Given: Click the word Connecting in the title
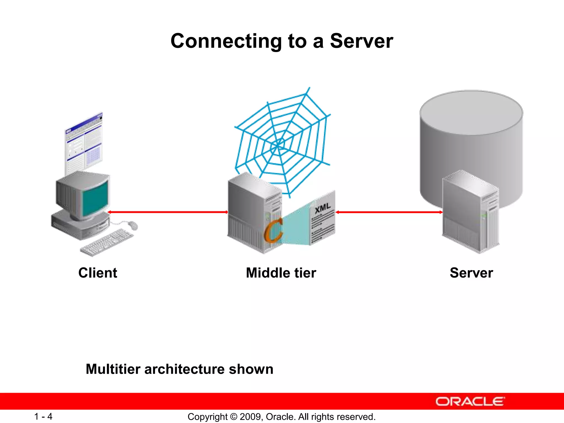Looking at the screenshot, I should click(226, 41).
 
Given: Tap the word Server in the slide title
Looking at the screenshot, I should click(361, 41).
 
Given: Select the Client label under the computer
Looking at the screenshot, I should click(98, 273).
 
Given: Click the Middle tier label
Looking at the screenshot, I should click(281, 273).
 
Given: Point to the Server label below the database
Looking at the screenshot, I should click(471, 273).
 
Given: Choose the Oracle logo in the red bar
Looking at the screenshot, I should click(470, 402).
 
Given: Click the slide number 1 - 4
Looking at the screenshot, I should click(43, 416).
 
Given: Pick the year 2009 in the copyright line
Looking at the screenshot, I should click(249, 417).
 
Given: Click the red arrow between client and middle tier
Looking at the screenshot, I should click(167, 212).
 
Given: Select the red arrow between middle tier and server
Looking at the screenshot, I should click(389, 212).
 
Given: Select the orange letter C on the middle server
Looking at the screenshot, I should click(273, 230).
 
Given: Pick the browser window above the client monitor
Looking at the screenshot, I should click(84, 145).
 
